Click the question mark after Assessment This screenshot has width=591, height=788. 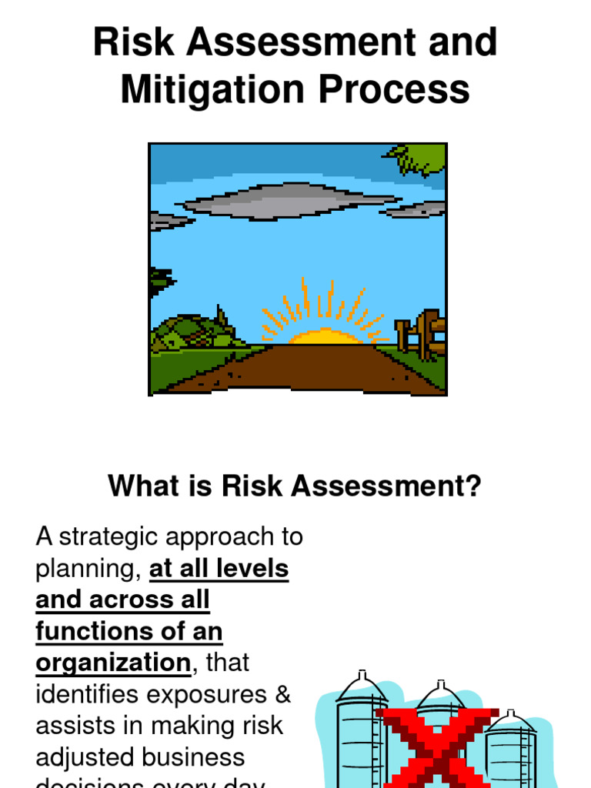point(473,486)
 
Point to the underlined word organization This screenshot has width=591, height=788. point(112,663)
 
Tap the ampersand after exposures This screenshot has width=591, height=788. point(282,694)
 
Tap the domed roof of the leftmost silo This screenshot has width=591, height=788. point(361,686)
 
